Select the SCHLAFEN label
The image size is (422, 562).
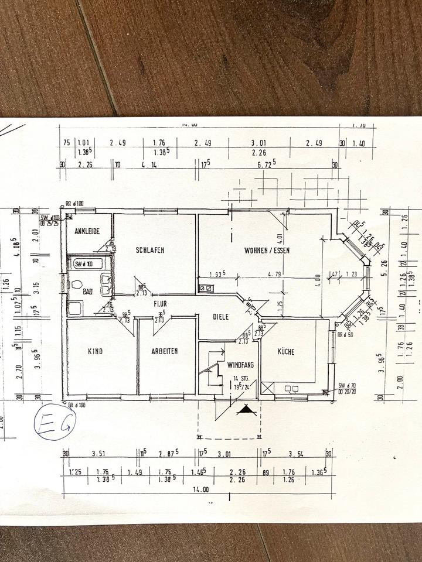(149, 250)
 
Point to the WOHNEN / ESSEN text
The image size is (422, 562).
(267, 250)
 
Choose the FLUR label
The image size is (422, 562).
(161, 304)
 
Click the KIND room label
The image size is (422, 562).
(95, 351)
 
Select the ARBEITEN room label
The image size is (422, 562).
(164, 351)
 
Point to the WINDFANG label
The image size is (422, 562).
(240, 364)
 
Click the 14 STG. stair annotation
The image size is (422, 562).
(240, 378)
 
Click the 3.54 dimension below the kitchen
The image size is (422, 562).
(298, 453)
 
